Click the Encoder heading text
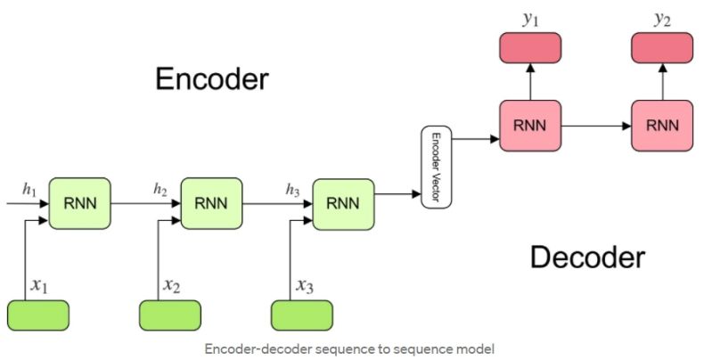[x=211, y=78]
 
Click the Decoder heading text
[x=586, y=258]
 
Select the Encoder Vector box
[x=437, y=167]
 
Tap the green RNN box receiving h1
[x=79, y=202]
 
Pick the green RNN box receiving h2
[x=212, y=202]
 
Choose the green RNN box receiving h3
[x=343, y=202]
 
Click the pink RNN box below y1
[x=530, y=125]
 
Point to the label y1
[x=530, y=19]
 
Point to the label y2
[x=662, y=19]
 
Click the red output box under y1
[x=530, y=48]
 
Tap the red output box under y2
[x=662, y=48]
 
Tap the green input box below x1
[x=37, y=315]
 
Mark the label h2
[x=160, y=189]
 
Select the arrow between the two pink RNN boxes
[x=596, y=126]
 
